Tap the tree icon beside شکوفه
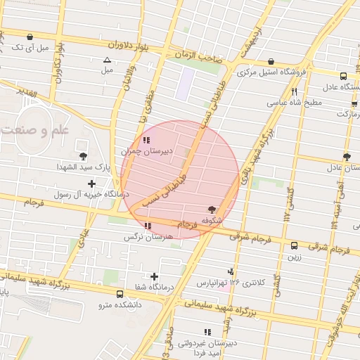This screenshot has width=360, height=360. (212, 210)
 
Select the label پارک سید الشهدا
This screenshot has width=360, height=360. (83, 167)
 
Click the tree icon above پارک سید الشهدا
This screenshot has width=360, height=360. (83, 156)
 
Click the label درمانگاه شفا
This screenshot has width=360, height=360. (154, 287)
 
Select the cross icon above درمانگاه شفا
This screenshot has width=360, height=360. (154, 276)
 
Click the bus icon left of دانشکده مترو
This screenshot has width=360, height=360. (120, 294)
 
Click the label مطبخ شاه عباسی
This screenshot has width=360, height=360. (293, 102)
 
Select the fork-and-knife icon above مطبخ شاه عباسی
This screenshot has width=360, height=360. (294, 91)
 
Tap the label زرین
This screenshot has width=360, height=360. (294, 257)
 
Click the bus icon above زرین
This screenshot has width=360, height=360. (294, 245)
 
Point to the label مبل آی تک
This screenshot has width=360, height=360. (30, 48)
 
